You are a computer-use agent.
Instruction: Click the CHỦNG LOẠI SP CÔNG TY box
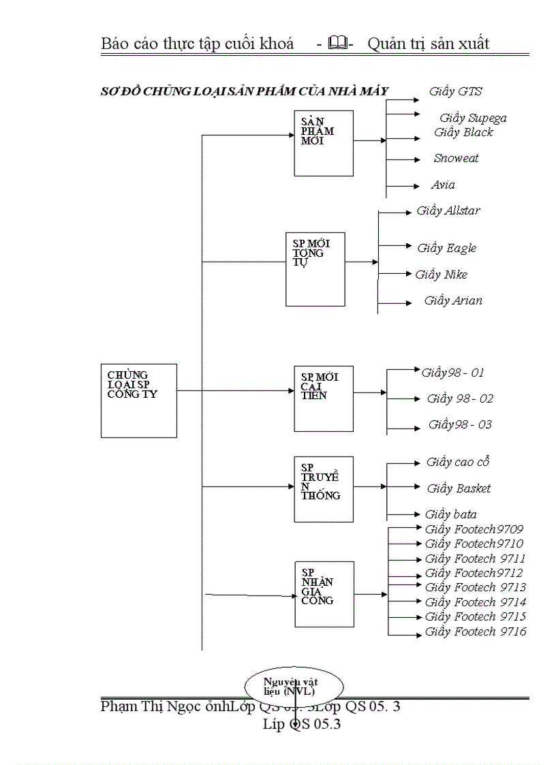pos(138,400)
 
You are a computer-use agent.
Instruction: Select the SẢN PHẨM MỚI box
pos(324,142)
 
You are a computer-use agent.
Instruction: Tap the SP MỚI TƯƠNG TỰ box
pos(315,268)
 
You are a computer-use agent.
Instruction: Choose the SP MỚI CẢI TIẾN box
pos(324,399)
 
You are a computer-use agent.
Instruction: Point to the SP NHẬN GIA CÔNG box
pos(324,594)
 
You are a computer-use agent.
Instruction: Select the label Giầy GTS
pos(456,91)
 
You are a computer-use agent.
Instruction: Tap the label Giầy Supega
pos(472,118)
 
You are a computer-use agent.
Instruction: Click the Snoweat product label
pos(456,158)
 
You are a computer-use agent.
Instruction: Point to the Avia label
pos(443,185)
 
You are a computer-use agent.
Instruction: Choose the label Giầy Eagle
pos(447,248)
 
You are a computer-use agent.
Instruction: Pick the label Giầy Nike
pos(442,275)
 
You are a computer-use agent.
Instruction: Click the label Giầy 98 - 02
pos(460,399)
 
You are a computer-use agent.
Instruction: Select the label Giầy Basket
pos(459,488)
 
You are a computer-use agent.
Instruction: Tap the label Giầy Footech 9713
pos(475,587)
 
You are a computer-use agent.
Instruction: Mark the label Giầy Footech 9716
pos(475,631)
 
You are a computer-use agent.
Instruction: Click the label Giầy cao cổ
pos(458,462)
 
